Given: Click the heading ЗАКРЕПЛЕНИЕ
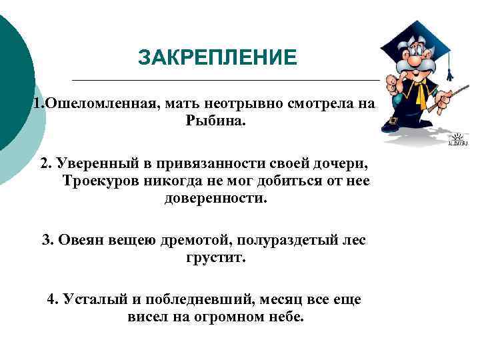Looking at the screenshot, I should click(x=217, y=58).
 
